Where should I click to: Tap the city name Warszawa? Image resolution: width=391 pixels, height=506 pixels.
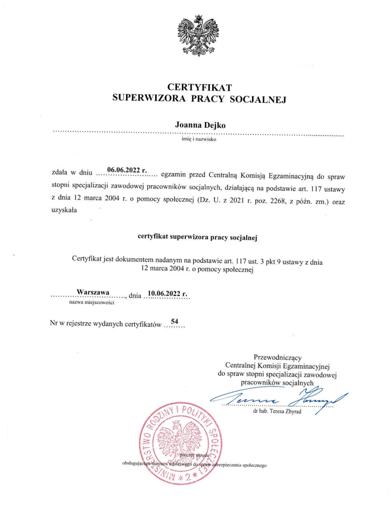93,293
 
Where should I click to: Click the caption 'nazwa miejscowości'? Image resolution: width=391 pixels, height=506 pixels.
89,302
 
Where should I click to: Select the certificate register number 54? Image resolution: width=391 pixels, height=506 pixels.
174,322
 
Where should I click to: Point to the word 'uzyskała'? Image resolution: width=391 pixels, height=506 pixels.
65,211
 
